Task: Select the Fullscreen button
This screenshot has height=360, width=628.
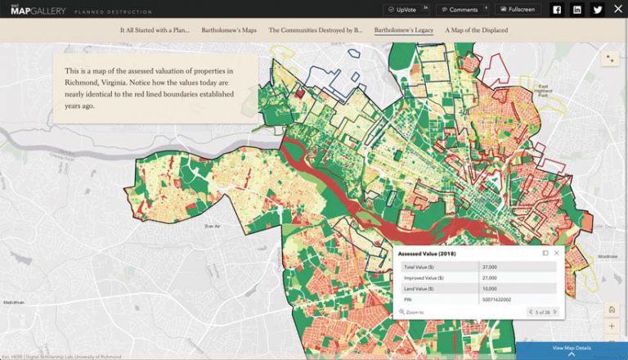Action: [x=518, y=10]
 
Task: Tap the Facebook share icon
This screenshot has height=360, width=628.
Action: [x=557, y=10]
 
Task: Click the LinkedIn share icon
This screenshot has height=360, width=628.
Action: [x=577, y=10]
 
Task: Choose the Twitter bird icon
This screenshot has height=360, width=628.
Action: [x=598, y=10]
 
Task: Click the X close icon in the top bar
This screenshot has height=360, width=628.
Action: [x=617, y=10]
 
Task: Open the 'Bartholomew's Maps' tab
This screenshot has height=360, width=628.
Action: [x=229, y=30]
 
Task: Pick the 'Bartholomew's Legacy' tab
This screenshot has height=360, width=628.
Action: [x=404, y=30]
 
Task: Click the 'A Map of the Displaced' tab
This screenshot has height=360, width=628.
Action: [x=476, y=30]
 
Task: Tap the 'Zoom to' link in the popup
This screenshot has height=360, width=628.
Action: [x=413, y=312]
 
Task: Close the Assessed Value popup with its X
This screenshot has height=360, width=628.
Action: [x=556, y=253]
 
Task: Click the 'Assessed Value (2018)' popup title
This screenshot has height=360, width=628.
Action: [x=427, y=253]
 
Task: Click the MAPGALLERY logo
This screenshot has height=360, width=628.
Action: [x=30, y=10]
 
